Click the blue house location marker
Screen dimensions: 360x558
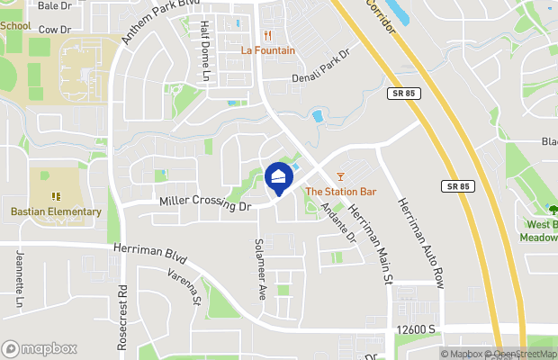click(279, 178)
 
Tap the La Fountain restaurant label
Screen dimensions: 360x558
click(268, 49)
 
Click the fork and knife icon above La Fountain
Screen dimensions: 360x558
click(267, 36)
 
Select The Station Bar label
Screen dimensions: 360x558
click(340, 191)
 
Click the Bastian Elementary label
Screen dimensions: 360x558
click(57, 211)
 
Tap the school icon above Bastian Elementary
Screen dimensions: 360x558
click(56, 195)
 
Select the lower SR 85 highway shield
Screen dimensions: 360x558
click(457, 186)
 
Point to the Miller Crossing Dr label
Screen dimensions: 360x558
click(203, 205)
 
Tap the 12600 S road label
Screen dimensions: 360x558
click(418, 329)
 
